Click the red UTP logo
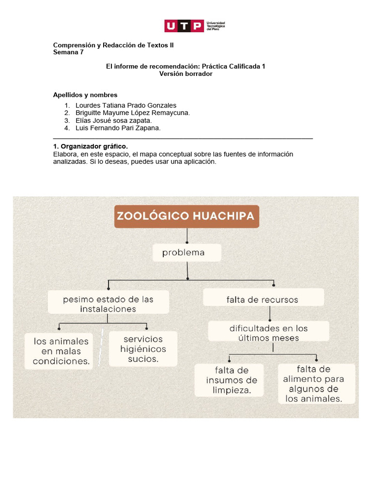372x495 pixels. tap(184, 26)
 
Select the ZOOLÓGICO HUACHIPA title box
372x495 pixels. tap(187, 216)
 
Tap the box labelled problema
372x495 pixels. tap(186, 253)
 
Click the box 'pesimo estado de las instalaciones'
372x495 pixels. tap(108, 304)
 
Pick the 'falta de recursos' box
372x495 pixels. tap(263, 300)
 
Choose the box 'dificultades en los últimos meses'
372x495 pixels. tap(268, 333)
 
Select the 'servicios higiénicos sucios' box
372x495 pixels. tap(143, 349)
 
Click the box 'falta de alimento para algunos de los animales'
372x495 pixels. tap(316, 384)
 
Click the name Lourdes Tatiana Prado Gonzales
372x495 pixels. tap(126, 105)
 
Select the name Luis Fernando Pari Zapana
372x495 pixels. tap(118, 128)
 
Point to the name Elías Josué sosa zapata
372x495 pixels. tap(114, 120)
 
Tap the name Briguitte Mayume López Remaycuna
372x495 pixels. tap(133, 113)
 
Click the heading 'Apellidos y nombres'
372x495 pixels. tap(85, 95)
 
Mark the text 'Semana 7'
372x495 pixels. tap(68, 52)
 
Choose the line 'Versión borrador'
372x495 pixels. tap(186, 74)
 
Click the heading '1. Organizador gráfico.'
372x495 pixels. tap(91, 146)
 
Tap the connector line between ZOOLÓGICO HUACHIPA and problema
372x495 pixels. tap(187, 236)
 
